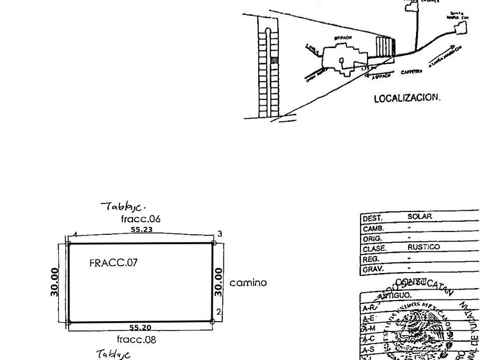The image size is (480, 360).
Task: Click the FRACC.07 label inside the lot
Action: [113, 263]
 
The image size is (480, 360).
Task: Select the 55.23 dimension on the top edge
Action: [141, 230]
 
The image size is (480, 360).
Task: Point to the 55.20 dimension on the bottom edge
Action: [141, 328]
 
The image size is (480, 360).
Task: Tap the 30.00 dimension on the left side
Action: [54, 282]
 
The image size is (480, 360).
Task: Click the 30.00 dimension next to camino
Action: [218, 282]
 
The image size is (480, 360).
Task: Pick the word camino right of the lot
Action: [248, 283]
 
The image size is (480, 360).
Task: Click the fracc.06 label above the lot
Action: [141, 219]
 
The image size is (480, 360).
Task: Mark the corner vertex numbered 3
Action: [213, 243]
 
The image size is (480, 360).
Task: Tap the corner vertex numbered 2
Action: [213, 322]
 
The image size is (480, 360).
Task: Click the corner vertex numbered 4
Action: [68, 243]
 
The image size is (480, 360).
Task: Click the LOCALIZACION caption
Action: [407, 98]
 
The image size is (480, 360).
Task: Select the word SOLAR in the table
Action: [419, 217]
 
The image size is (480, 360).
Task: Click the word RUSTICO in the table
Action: [423, 247]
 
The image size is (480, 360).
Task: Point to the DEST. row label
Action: [373, 218]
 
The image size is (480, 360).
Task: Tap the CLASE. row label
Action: [374, 249]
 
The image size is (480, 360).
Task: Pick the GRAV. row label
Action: [373, 269]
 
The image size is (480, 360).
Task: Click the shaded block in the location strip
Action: [274, 59]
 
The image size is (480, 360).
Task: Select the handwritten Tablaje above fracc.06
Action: [123, 206]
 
